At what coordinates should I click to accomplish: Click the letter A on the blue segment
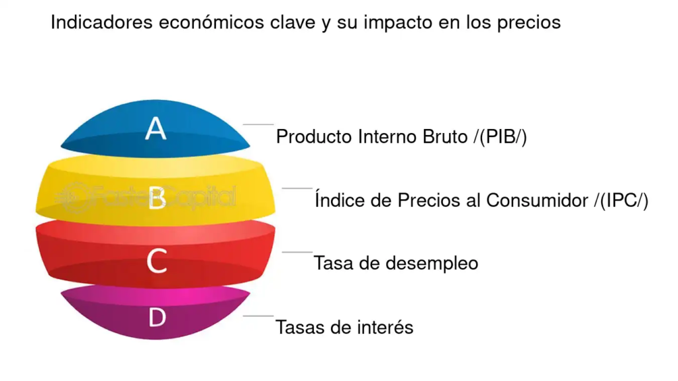point(156,128)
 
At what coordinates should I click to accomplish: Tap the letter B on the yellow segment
point(156,198)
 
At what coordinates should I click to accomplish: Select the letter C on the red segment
point(156,261)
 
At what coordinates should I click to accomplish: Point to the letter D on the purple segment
point(158,317)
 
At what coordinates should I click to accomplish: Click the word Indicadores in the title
point(101,22)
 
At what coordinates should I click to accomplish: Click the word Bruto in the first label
point(445,136)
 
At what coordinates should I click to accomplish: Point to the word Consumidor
point(537,200)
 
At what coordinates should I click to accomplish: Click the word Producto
point(314,136)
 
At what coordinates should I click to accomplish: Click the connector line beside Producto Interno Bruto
point(258,124)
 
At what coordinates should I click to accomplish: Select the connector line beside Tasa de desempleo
point(297,252)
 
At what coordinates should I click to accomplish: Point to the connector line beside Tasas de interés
point(258,316)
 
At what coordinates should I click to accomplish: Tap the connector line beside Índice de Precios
point(297,188)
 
